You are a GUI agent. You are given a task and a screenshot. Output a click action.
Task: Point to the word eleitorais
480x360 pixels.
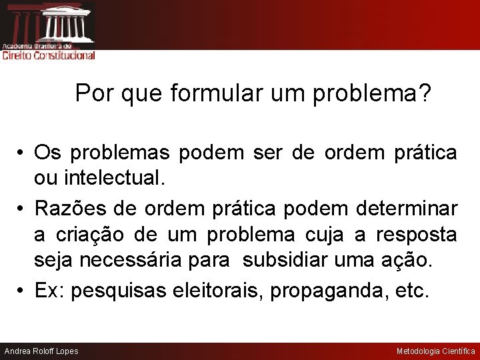218,291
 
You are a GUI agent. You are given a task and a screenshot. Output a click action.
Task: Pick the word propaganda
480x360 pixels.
328,291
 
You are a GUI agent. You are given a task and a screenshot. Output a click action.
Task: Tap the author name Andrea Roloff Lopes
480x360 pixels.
41,351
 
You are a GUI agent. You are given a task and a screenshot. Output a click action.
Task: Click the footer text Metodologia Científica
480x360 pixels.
436,351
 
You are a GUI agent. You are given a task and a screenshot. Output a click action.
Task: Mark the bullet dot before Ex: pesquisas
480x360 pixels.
22,291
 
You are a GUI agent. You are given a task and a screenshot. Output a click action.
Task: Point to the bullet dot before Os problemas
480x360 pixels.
22,153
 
